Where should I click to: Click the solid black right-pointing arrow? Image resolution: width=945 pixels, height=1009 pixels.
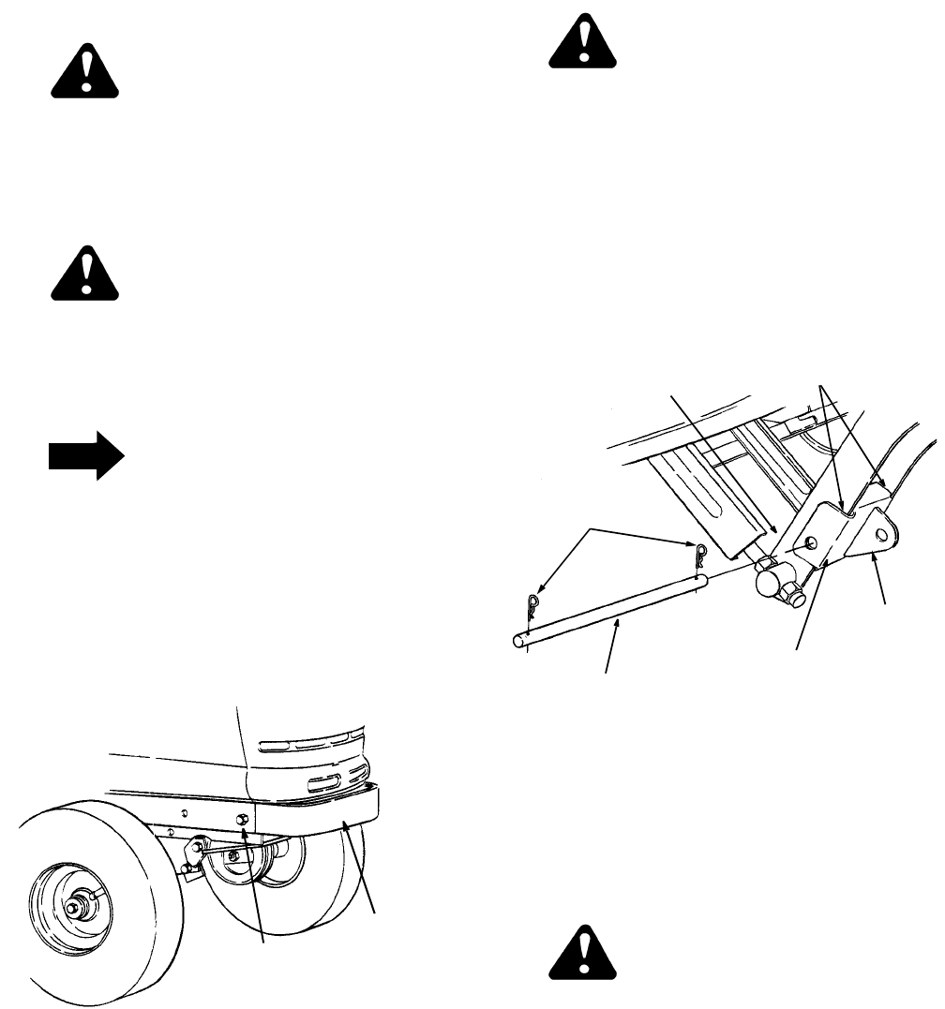(85, 461)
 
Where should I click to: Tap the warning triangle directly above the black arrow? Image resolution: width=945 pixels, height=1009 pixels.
(85, 274)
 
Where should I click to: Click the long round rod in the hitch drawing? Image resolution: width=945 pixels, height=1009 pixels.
(609, 610)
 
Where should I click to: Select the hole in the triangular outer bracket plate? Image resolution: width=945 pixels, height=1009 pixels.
(880, 535)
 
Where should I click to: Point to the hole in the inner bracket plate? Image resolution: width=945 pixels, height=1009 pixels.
(812, 543)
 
